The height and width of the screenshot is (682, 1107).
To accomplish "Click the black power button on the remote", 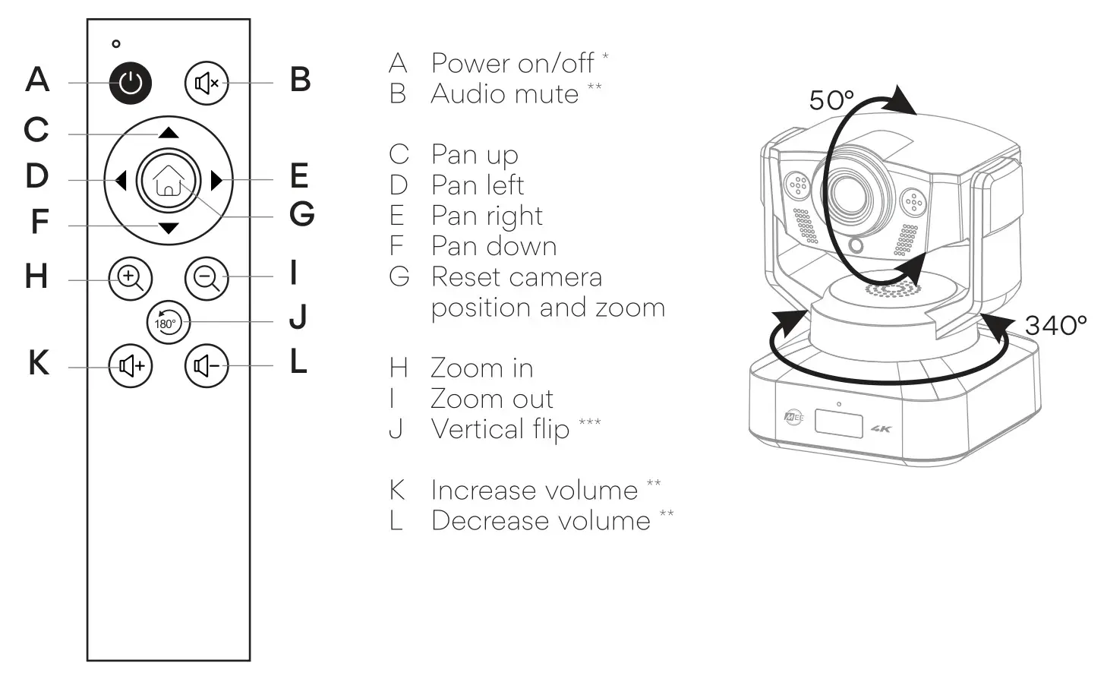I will (x=131, y=83).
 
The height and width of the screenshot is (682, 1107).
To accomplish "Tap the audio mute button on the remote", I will (x=207, y=83).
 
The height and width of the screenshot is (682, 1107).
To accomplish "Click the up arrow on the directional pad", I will (x=169, y=133).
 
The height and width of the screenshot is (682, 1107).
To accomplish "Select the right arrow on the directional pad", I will (x=216, y=181).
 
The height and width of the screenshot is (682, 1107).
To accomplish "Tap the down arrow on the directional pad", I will (x=169, y=228).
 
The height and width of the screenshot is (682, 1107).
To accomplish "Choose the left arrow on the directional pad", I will (x=120, y=181).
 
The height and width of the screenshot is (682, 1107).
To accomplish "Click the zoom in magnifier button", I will (x=131, y=278).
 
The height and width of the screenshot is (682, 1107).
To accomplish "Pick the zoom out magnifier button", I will (x=207, y=278).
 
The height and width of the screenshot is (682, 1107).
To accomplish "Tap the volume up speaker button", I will (x=131, y=366).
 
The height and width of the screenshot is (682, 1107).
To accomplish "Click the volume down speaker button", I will (x=207, y=366).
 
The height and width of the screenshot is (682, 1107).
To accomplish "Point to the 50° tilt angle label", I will (x=831, y=100).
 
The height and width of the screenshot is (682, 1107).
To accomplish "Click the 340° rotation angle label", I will (x=1055, y=326).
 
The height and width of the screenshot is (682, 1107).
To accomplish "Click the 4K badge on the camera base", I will (x=881, y=429).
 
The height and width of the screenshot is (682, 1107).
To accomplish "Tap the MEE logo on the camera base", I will (x=793, y=417).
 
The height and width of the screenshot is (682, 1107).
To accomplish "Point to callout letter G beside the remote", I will (x=301, y=214).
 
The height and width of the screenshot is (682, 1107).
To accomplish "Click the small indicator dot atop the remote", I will (x=116, y=44).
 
